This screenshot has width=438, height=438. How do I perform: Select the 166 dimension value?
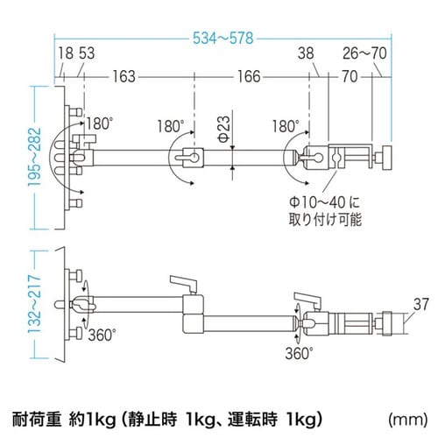coord(249,76)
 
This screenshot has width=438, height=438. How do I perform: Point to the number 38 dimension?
coord(305,54)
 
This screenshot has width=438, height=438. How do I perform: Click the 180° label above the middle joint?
coord(173,124)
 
